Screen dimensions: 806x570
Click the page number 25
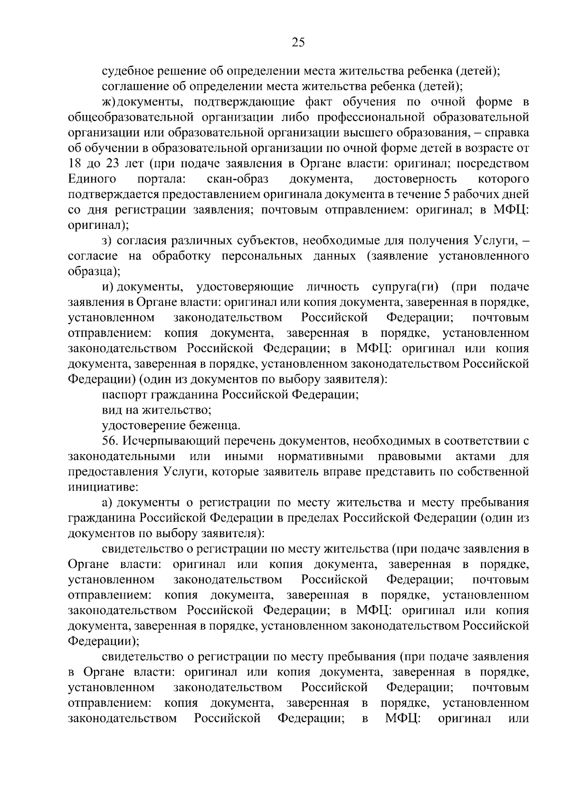pyautogui.click(x=298, y=43)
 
